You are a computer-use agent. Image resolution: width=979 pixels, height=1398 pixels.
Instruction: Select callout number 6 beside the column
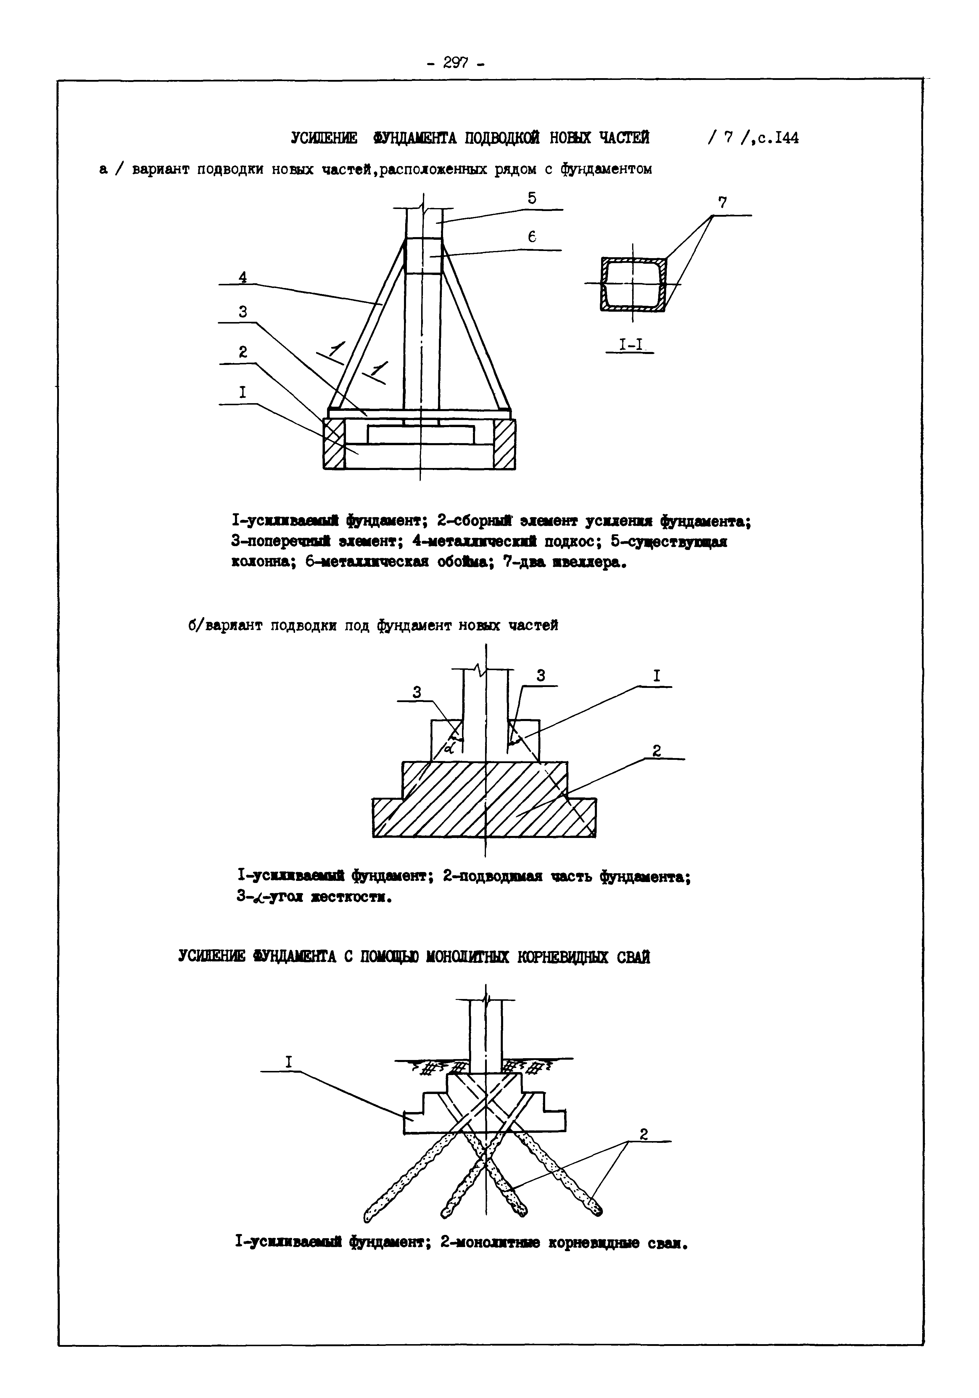pos(532,237)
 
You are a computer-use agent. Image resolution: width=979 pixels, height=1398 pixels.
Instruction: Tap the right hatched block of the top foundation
pos(505,444)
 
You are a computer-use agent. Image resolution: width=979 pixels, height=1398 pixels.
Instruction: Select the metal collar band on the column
pos(423,256)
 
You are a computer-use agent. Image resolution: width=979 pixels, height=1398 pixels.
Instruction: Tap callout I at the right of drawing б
pos(656,676)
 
